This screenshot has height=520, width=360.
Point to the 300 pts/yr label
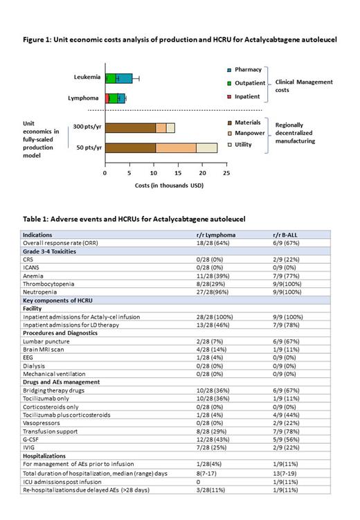(82, 127)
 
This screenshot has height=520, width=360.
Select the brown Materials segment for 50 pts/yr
(130, 147)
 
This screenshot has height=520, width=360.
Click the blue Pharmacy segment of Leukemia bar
(124, 78)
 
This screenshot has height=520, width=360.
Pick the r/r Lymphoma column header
(217, 235)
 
